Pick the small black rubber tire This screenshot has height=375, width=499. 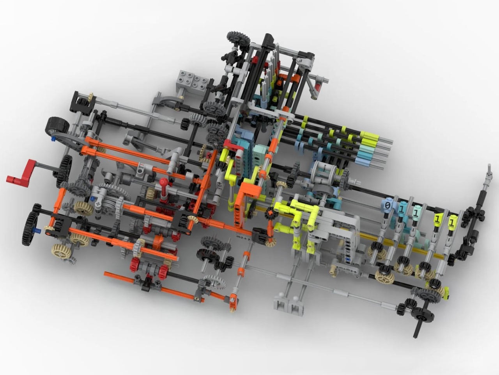58,126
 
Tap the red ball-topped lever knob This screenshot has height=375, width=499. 163,182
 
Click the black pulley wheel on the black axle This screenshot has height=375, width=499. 422,315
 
